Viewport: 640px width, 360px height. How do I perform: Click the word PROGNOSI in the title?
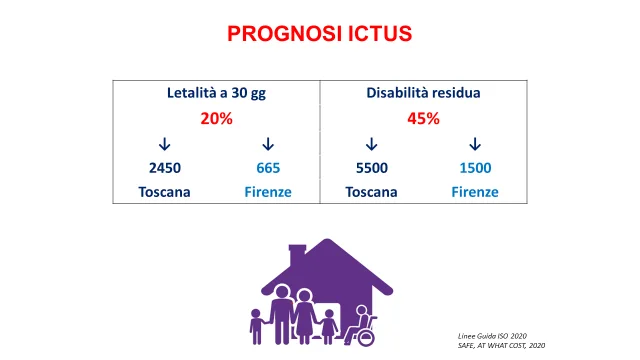point(285,33)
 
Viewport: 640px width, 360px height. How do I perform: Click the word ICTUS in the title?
point(380,33)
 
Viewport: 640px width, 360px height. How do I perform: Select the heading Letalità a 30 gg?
point(216,93)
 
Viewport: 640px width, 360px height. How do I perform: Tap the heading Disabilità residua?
point(423,93)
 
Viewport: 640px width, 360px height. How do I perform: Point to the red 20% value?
point(216,118)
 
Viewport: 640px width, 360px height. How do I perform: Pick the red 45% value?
point(423,118)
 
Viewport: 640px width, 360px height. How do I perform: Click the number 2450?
point(165,168)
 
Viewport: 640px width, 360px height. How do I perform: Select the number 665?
point(268,168)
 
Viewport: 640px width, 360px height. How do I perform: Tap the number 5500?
point(372,168)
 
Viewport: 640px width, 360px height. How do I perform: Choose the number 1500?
point(475,168)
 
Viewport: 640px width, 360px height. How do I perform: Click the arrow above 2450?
point(164,144)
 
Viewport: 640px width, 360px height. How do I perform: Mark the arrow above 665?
point(268,144)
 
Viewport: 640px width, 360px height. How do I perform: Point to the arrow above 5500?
point(371,144)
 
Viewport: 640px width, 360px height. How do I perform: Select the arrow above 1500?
point(475,144)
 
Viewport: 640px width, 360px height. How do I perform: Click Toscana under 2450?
point(164,192)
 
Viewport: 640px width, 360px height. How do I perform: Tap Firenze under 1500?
point(475,192)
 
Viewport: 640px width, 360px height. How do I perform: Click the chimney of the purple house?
point(297,255)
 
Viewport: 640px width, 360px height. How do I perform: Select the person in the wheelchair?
point(361,326)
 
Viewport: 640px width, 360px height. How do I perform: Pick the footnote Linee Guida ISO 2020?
point(492,336)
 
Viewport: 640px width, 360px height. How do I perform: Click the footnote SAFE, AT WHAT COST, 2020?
point(501,345)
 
